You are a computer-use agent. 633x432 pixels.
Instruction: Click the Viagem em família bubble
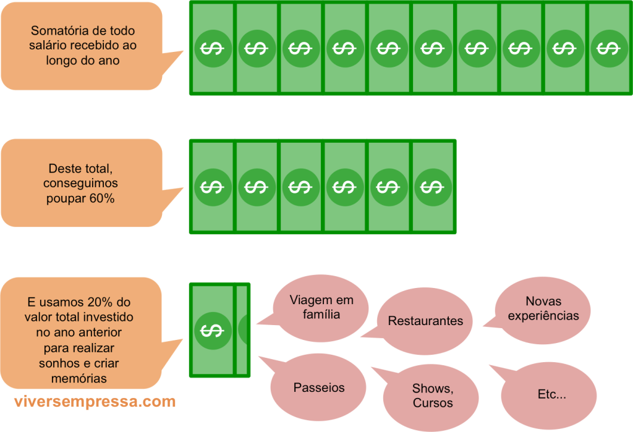321,307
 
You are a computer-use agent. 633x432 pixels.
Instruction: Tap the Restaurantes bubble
425,321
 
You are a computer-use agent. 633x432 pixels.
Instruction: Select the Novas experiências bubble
543,308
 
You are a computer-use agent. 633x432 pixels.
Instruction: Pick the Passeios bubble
319,388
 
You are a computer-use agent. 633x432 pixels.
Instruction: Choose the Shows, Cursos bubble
432,396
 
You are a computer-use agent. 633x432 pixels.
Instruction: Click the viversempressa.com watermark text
95,402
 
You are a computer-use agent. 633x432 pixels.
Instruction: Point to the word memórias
81,378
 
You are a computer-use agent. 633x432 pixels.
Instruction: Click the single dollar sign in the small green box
212,331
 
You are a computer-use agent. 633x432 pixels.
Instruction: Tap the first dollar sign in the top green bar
212,48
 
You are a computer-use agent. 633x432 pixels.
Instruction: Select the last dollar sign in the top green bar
608,48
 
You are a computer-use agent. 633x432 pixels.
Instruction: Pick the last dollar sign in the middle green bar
432,186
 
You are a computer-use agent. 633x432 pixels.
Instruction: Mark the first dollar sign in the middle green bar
212,186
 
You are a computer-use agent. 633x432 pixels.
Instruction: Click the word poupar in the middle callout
66,199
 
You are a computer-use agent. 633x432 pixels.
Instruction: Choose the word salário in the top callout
48,46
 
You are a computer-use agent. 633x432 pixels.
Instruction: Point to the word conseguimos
80,184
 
